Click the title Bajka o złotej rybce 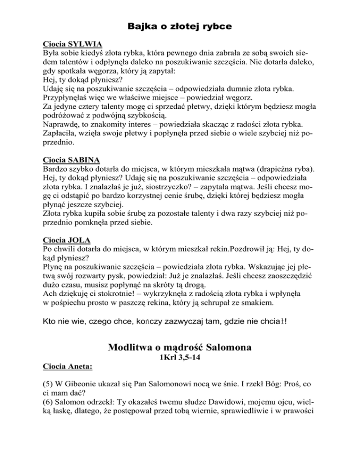pyautogui.click(x=180, y=27)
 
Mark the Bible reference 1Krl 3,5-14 pyautogui.click(x=180, y=362)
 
